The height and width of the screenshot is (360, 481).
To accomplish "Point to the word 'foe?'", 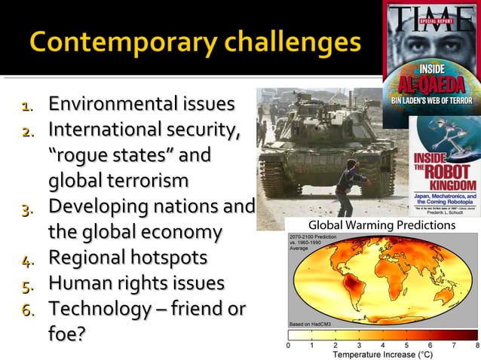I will [67, 334].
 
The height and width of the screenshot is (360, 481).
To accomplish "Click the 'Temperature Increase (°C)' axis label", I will [383, 353].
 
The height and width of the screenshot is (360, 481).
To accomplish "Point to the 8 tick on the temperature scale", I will [477, 345].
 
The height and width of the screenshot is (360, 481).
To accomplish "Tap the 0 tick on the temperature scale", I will [288, 345].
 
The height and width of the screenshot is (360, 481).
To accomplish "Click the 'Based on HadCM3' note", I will [309, 323].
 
